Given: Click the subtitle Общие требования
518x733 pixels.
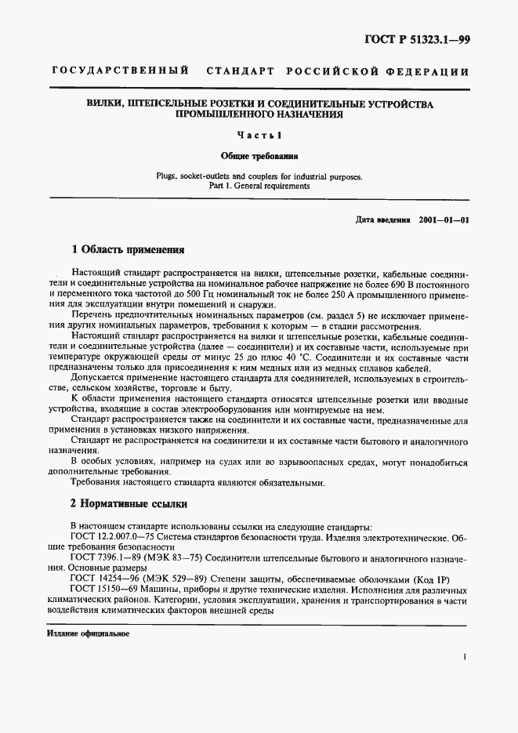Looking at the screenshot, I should (259, 156).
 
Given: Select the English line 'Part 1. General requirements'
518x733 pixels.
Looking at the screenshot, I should (259, 187).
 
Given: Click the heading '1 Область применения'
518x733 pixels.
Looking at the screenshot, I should (128, 250).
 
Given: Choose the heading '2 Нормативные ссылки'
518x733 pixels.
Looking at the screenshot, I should (129, 503).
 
